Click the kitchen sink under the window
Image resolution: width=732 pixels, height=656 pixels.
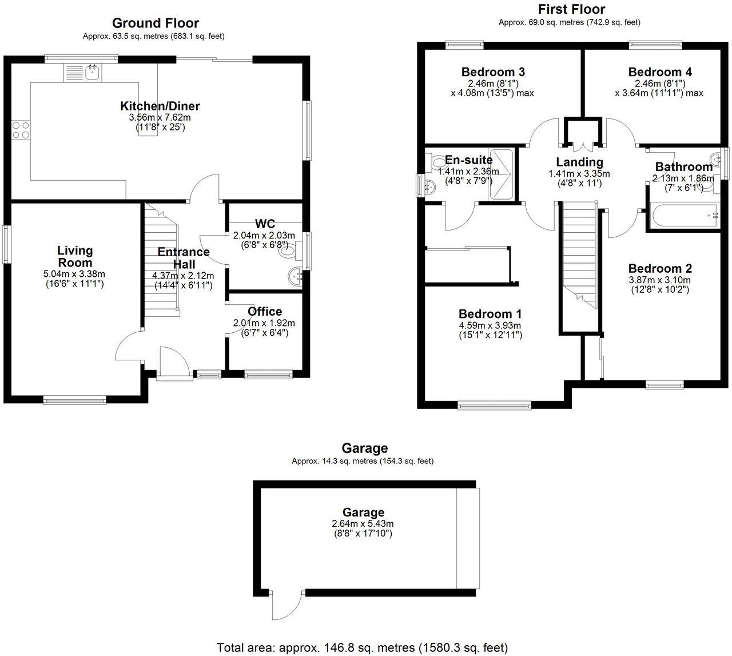click(x=83, y=73)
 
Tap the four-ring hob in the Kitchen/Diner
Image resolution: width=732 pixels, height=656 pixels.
click(x=21, y=130)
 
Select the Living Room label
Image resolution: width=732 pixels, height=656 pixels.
click(x=75, y=256)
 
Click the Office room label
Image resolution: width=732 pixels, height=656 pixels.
click(x=265, y=311)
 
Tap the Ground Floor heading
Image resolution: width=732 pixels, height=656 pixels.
click(x=155, y=23)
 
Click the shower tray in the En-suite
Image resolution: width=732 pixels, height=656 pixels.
click(x=501, y=174)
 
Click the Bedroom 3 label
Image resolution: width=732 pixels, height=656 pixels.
click(x=493, y=72)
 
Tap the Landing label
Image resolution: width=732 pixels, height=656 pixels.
click(x=579, y=162)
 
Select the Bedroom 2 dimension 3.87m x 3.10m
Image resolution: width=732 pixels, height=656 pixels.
click(x=659, y=280)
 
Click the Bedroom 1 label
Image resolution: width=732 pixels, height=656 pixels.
click(x=490, y=313)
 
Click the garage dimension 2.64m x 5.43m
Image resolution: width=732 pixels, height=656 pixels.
click(x=363, y=523)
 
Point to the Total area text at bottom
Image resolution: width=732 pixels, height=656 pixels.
click(x=362, y=647)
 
